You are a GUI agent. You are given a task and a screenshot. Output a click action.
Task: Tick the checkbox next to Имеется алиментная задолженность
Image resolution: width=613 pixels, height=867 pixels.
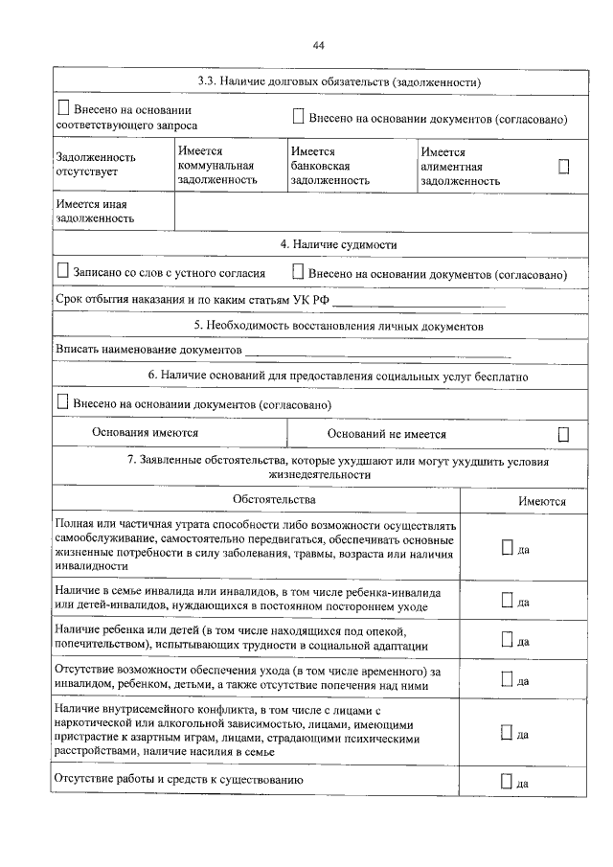(563, 167)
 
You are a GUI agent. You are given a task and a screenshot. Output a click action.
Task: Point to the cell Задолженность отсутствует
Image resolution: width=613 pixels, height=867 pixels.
(96, 165)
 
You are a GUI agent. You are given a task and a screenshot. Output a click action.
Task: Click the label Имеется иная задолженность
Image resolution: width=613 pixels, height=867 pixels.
(95, 212)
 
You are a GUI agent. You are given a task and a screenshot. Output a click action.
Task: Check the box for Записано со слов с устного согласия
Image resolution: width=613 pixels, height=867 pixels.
(63, 272)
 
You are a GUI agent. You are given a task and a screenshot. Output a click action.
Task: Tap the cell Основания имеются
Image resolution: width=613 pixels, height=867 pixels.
(146, 433)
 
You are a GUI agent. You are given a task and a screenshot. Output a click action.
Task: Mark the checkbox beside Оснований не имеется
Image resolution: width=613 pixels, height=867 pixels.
(563, 435)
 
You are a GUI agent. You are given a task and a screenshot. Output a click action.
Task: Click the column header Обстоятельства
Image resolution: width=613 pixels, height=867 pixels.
(273, 500)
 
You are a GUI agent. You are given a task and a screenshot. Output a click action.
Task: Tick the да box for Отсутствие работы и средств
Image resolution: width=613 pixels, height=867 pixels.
(507, 781)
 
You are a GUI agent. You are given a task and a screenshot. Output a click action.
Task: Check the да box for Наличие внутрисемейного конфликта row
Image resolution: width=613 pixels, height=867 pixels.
(507, 733)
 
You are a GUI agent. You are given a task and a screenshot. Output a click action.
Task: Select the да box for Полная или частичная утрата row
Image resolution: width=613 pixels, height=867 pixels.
(507, 547)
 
